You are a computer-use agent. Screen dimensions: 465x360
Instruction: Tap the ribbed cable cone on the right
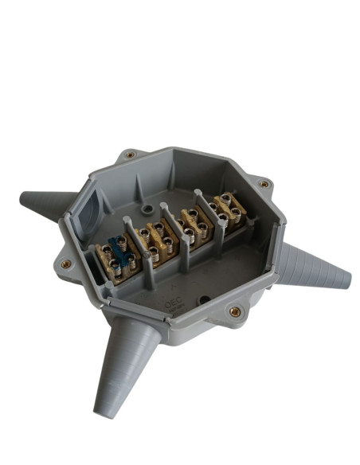pyautogui.click(x=315, y=268)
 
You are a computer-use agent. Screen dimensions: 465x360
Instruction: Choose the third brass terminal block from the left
pyautogui.click(x=193, y=222)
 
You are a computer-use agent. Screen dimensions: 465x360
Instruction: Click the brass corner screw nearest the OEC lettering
pyautogui.click(x=234, y=312)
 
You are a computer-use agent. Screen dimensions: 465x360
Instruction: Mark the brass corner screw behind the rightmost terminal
pyautogui.click(x=264, y=184)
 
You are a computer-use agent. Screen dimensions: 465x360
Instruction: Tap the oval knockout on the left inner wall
pyautogui.click(x=87, y=206)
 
